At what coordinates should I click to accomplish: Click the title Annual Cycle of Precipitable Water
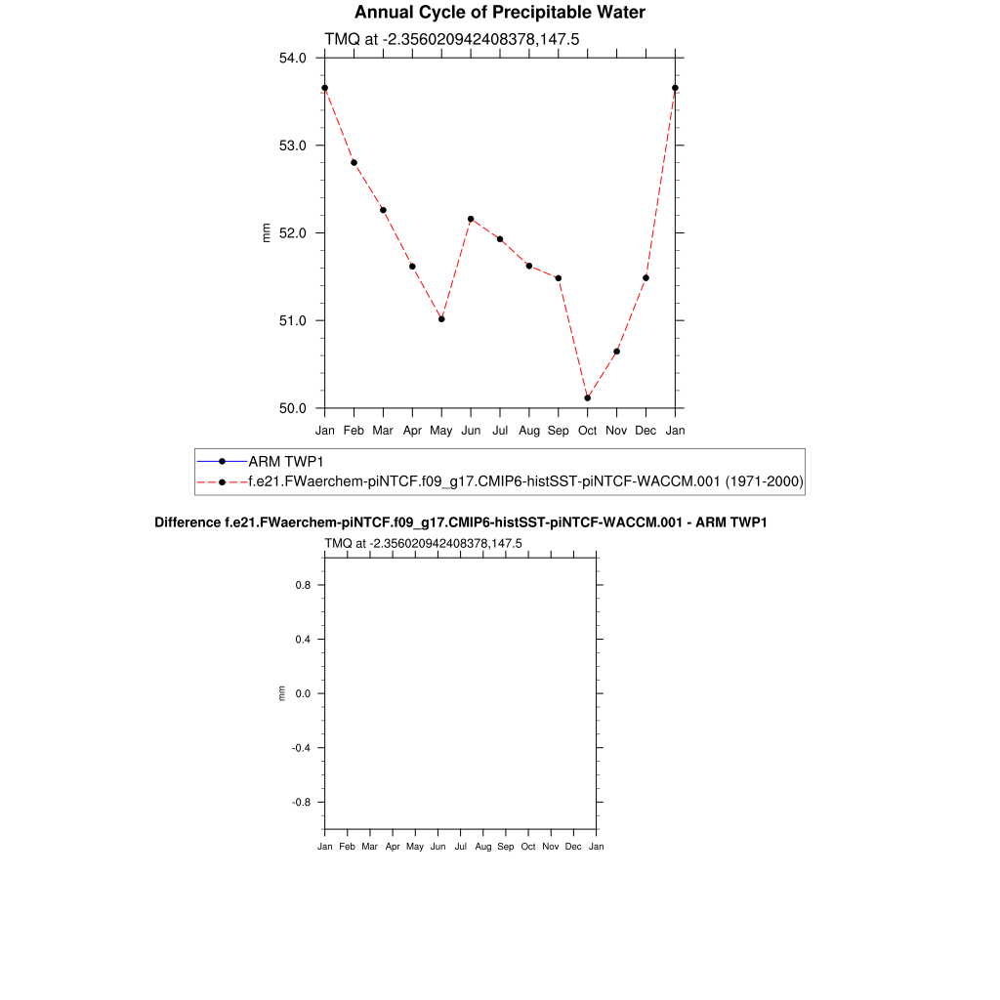(499, 13)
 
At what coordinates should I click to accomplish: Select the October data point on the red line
(588, 397)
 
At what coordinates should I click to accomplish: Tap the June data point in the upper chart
(471, 219)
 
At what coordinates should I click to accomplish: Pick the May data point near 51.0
(441, 319)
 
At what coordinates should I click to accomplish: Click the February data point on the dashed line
(354, 162)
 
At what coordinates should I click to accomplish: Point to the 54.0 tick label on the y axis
(293, 58)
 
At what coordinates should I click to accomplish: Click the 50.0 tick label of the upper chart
(293, 408)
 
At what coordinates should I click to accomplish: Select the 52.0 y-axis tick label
(293, 233)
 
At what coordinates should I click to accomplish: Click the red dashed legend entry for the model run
(525, 481)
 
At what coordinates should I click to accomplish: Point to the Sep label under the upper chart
(559, 430)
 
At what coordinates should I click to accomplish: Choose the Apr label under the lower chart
(393, 847)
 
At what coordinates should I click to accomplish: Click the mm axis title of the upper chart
(267, 232)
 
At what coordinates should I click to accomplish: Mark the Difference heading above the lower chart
(461, 522)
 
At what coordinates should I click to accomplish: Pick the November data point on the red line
(617, 352)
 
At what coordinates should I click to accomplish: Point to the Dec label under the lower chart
(573, 847)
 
